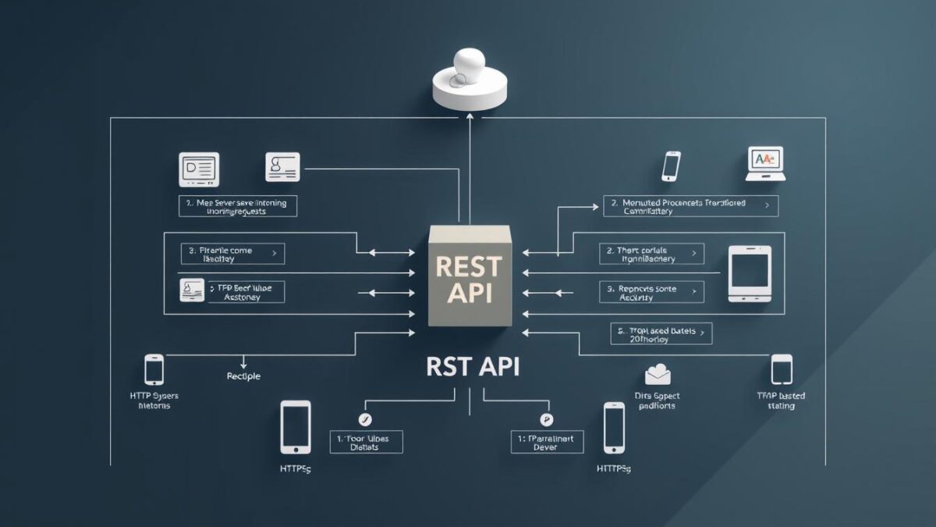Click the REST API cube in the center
click(x=469, y=278)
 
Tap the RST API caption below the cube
click(x=473, y=366)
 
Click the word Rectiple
click(x=243, y=376)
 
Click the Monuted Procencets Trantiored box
click(x=690, y=206)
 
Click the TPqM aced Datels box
click(x=661, y=334)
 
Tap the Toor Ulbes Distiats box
click(x=366, y=443)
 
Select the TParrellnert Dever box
click(x=547, y=443)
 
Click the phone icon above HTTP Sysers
click(x=154, y=369)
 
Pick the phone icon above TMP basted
click(x=781, y=369)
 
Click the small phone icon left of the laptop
click(x=671, y=166)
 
